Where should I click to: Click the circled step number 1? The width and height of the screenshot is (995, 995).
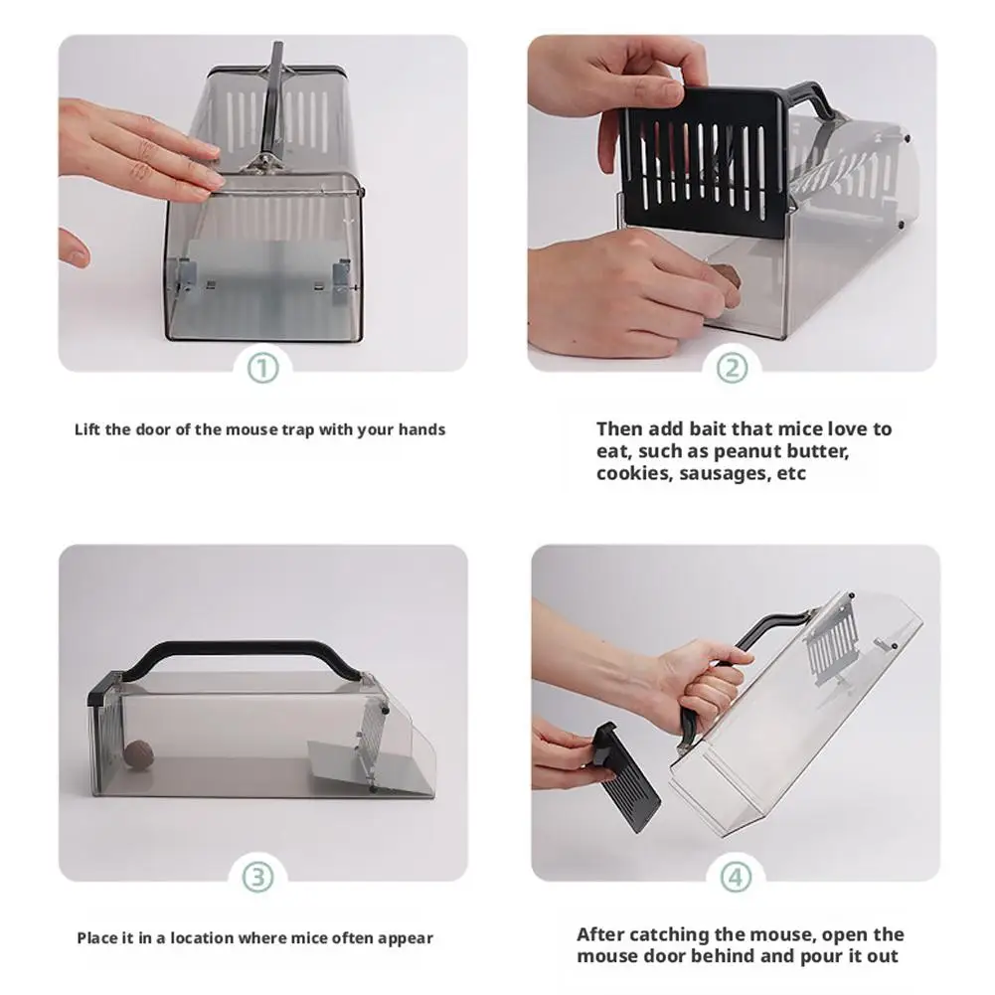(x=262, y=369)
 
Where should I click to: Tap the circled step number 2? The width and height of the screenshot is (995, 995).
(x=732, y=369)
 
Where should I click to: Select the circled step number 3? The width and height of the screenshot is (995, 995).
(x=257, y=878)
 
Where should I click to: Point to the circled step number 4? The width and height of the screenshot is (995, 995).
(x=736, y=878)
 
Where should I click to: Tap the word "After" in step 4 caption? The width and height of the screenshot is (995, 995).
(x=600, y=934)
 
